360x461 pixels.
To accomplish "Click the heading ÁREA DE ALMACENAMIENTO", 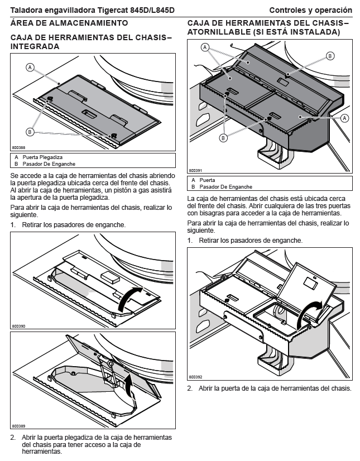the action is pyautogui.click(x=69, y=23).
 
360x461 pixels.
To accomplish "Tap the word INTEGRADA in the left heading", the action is pyautogui.click(x=35, y=46).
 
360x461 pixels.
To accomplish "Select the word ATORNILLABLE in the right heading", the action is pyautogui.click(x=219, y=32).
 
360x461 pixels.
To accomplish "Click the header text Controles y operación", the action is pyautogui.click(x=310, y=10).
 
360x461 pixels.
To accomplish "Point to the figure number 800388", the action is pyautogui.click(x=18, y=147).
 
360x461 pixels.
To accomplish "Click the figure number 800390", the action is pyautogui.click(x=18, y=326).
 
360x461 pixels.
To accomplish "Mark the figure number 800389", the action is pyautogui.click(x=18, y=426).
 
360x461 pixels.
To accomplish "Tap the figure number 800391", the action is pyautogui.click(x=195, y=170).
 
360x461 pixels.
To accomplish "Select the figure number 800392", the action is pyautogui.click(x=195, y=377).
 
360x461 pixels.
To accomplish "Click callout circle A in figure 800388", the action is pyautogui.click(x=30, y=68).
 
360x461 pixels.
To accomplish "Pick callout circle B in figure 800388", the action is pyautogui.click(x=30, y=132).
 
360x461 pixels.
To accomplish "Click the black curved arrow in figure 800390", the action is pyautogui.click(x=129, y=299).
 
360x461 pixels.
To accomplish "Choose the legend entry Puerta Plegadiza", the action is pyautogui.click(x=42, y=157).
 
